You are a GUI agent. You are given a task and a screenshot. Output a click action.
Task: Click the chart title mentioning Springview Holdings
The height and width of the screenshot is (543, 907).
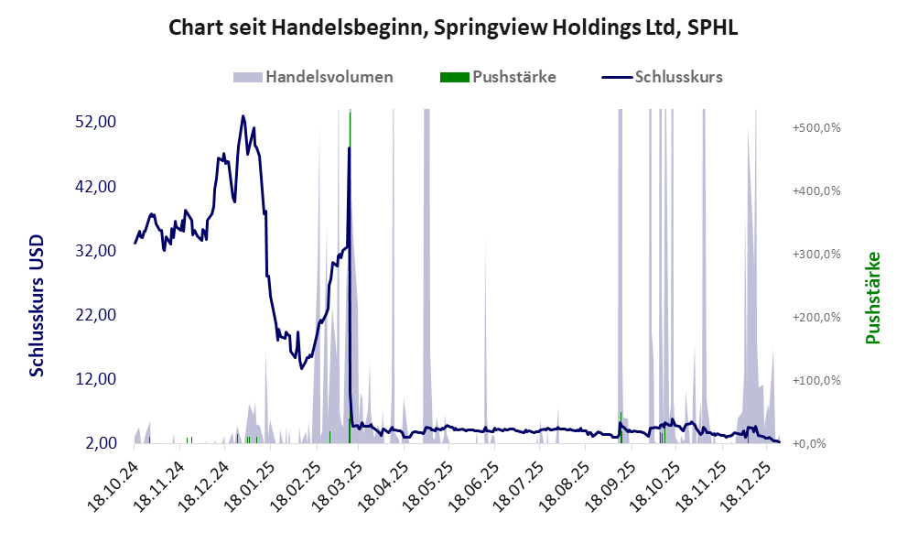(453, 28)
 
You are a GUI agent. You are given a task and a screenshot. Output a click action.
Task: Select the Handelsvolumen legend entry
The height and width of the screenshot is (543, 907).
(313, 77)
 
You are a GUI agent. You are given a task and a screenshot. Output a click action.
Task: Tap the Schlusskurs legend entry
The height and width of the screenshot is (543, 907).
(663, 77)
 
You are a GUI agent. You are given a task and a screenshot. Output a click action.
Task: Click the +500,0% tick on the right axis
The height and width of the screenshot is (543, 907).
(816, 127)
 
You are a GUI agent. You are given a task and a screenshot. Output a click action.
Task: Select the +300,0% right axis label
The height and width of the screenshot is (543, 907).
(816, 254)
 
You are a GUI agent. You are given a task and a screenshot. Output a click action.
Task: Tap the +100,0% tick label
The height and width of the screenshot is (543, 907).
(816, 380)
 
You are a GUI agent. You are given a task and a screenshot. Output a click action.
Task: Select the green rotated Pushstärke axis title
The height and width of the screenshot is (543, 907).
(872, 298)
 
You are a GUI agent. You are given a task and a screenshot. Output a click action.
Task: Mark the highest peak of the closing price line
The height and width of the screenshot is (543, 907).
(243, 116)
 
